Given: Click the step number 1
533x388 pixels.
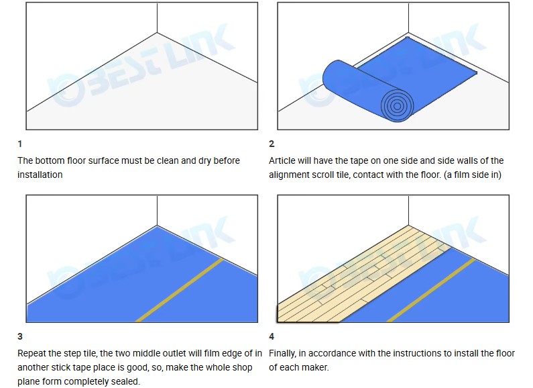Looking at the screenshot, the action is click(19, 144).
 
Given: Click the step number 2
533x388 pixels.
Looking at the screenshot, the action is click(272, 144).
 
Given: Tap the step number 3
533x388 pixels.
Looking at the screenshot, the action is click(20, 336).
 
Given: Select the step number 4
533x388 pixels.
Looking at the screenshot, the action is click(272, 336).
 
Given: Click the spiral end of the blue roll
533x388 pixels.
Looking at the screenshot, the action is click(397, 106).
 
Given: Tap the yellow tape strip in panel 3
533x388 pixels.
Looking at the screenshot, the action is click(179, 290).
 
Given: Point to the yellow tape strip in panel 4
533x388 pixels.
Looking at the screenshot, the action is click(431, 290).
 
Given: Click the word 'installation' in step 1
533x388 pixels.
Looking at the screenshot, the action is click(40, 175).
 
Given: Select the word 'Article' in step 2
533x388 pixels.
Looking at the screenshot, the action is click(282, 160).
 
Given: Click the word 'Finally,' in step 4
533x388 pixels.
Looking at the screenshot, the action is click(282, 354).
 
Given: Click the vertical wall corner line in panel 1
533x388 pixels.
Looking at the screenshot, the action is click(157, 17).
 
